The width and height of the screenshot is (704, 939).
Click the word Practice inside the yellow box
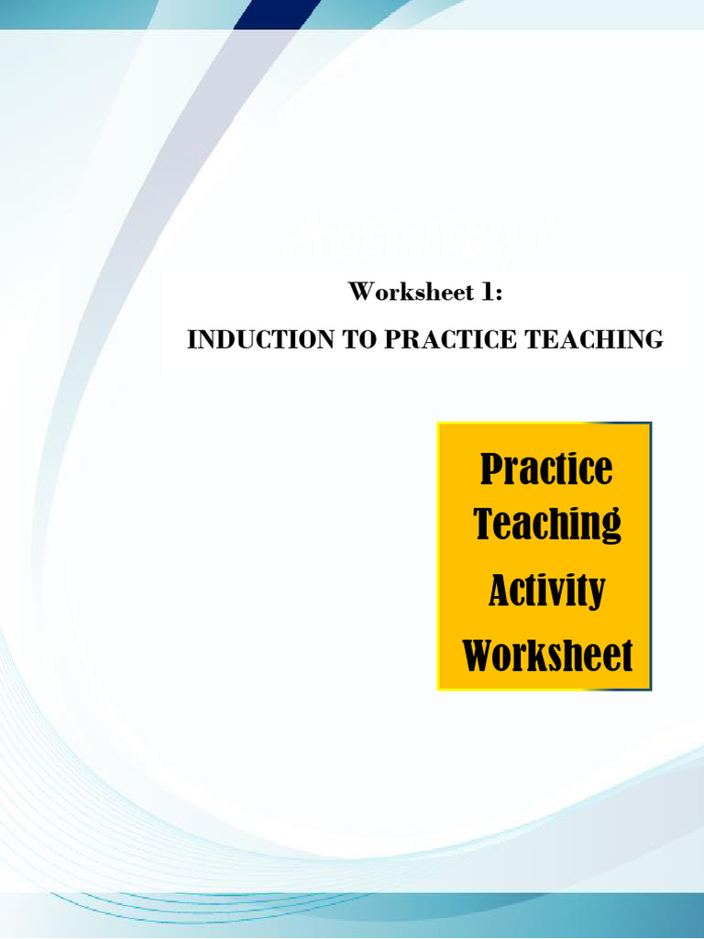546,469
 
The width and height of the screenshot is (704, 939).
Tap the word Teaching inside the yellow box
547,525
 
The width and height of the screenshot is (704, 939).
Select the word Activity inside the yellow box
546,590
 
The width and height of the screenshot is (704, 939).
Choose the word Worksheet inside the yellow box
547,656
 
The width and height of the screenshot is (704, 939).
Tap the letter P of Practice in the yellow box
491,469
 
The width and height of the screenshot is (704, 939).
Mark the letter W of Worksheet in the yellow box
480,656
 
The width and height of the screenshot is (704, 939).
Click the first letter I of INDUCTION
192,339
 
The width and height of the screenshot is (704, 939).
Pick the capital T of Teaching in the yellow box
485,524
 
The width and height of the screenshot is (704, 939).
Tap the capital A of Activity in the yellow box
500,590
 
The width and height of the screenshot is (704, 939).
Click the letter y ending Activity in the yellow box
595,593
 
